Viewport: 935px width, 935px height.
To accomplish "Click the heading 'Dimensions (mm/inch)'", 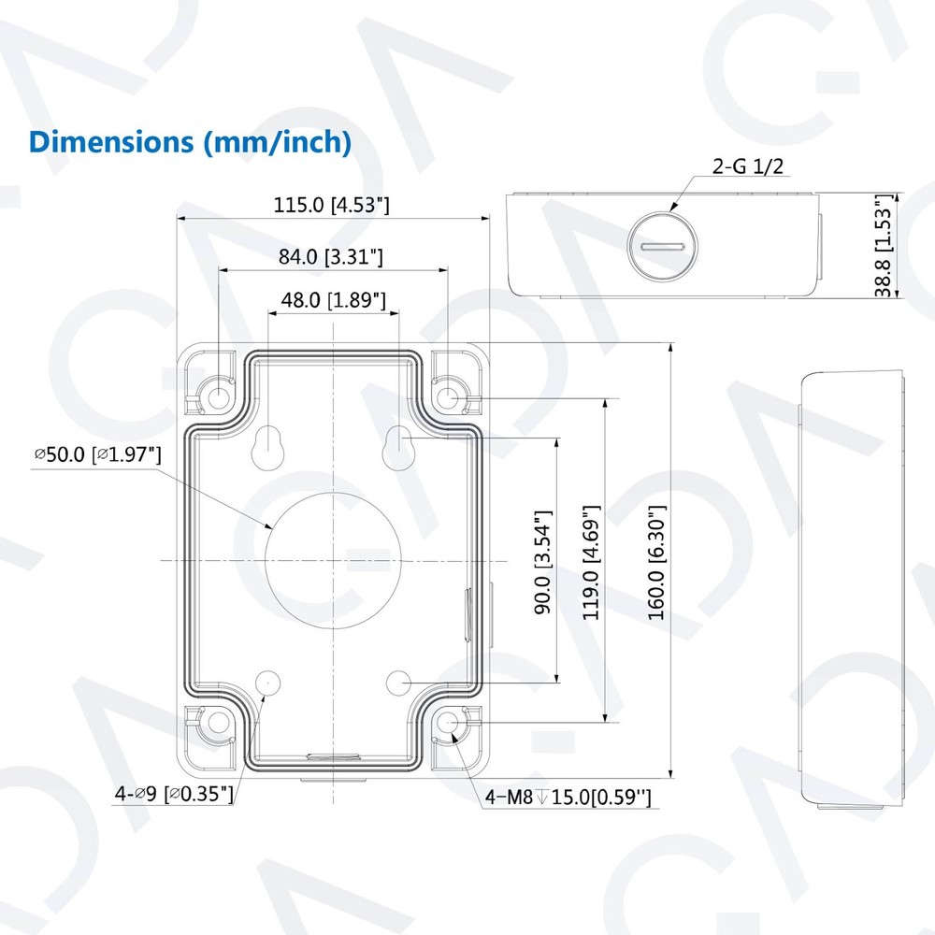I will (x=191, y=142).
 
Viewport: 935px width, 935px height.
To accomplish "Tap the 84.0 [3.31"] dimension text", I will (x=331, y=256).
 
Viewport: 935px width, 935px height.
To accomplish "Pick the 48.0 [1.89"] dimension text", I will (x=334, y=300).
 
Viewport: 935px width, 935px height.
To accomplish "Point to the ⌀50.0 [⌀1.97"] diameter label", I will (x=98, y=454).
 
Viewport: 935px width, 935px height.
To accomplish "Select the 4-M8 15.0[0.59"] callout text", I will (x=568, y=798).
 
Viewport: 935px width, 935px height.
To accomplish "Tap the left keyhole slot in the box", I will (x=269, y=446).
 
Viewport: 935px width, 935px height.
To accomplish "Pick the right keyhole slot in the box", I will (x=399, y=446).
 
